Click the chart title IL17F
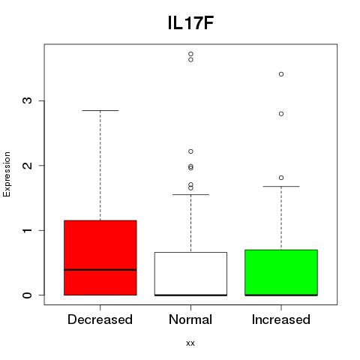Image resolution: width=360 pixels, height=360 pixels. [x=190, y=23]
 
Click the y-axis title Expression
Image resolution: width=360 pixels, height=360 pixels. [x=7, y=174]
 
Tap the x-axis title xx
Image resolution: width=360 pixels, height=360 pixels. [x=190, y=343]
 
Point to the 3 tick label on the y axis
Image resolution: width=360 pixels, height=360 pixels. [x=28, y=100]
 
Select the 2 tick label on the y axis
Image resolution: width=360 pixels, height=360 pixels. [x=28, y=165]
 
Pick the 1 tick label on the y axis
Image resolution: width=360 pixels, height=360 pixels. [x=28, y=230]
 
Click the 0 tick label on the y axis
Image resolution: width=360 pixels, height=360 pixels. [x=28, y=295]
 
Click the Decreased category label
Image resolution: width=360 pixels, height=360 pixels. [x=100, y=319]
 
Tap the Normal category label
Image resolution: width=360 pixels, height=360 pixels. [x=190, y=319]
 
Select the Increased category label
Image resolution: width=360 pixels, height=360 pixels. [x=281, y=319]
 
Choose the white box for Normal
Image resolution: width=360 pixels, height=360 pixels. [x=190, y=274]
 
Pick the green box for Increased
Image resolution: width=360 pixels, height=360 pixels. [x=281, y=272]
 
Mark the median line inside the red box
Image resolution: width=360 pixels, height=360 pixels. [x=100, y=270]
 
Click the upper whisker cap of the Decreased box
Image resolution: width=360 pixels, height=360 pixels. [x=100, y=110]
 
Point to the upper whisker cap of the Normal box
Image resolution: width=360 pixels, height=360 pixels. [x=190, y=194]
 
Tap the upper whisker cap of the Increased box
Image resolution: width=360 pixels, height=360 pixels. [x=281, y=186]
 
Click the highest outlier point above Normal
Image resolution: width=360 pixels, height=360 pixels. [x=190, y=54]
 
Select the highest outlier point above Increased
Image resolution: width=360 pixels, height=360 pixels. [x=281, y=74]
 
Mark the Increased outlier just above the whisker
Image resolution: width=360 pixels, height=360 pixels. [x=281, y=178]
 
